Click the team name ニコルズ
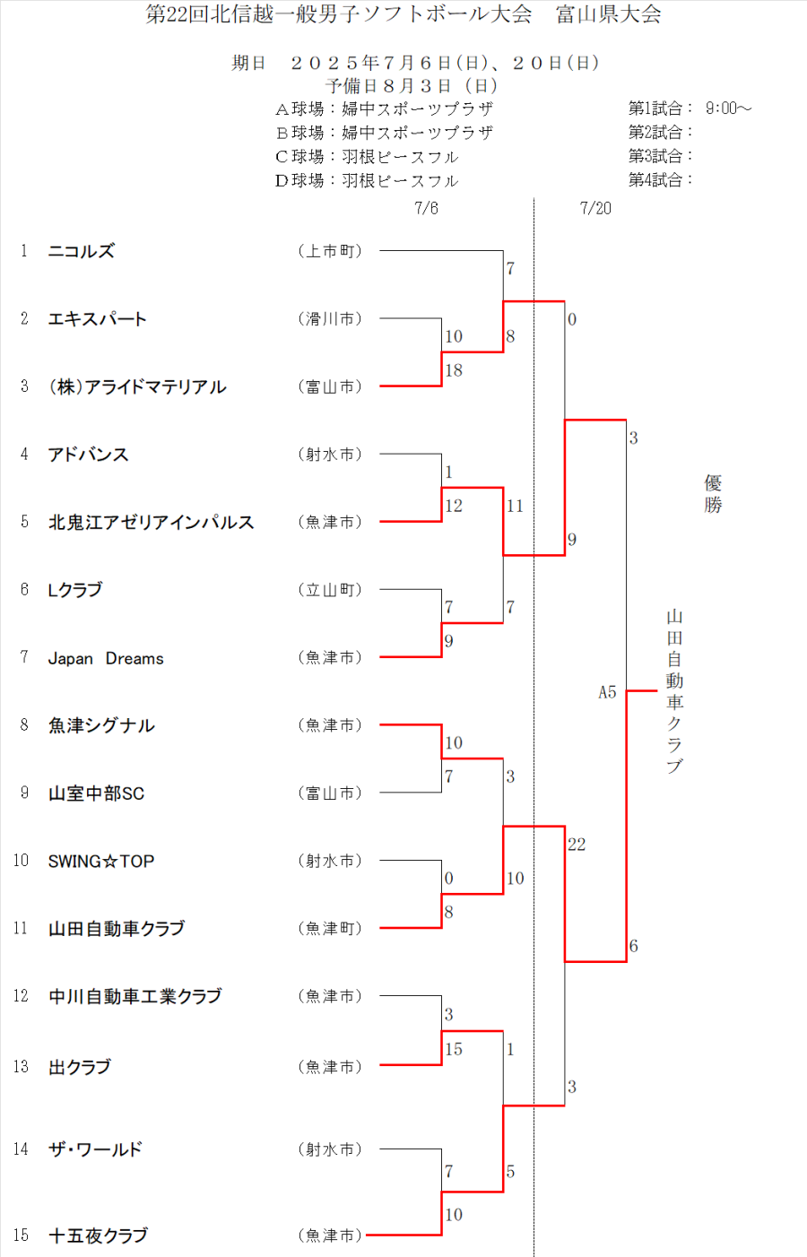pos(81,251)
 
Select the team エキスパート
pos(97,319)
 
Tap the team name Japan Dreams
pos(106,658)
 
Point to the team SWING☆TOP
pos(101,862)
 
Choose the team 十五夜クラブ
pos(98,1235)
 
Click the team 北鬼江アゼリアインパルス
pos(151,523)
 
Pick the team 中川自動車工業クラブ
pos(134,996)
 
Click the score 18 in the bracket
pos(454,370)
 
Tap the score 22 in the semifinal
pos(577,845)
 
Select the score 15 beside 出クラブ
pos(454,1049)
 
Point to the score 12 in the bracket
pos(454,506)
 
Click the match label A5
pos(607,692)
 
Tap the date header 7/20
pos(595,208)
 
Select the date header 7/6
pos(426,208)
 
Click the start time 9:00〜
pos(728,108)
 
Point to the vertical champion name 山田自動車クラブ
pos(674,690)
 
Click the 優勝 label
pos(713,494)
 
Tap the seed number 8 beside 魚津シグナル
pos(24,724)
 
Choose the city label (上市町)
pos(330,251)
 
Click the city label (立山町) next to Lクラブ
pos(330,590)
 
